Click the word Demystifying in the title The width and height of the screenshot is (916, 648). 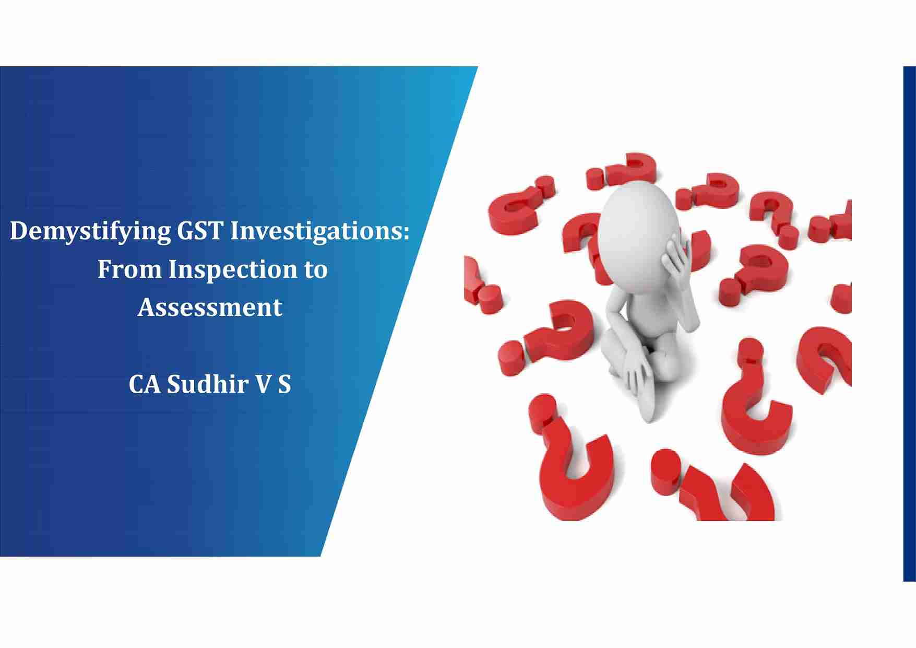[90, 231]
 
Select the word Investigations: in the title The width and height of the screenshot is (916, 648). [320, 231]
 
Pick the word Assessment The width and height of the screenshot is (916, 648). [210, 307]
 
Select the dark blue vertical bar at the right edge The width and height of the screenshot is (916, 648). [909, 324]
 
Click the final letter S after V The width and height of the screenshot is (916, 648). [284, 384]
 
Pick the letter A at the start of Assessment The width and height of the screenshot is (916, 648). [147, 307]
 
